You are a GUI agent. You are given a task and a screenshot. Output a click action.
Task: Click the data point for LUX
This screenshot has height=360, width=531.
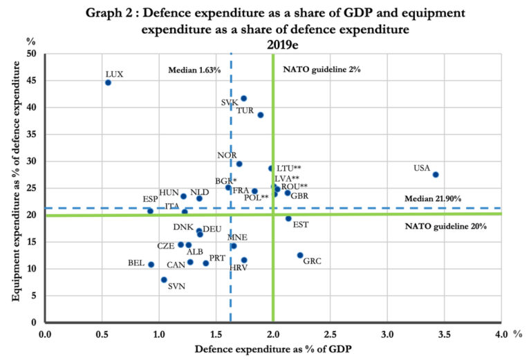pos(108,82)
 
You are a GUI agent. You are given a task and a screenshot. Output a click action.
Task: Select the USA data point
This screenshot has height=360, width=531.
pos(436,175)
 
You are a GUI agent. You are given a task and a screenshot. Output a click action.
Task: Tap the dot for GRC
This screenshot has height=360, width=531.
pos(300,255)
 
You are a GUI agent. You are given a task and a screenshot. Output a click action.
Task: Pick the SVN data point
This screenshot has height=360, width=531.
pos(164,280)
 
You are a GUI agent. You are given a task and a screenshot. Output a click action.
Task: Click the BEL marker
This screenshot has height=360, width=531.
pos(151,265)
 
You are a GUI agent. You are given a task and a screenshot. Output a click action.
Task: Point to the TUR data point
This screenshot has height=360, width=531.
pos(261,115)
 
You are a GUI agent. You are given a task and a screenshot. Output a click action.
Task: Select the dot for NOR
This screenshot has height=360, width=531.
pos(239,164)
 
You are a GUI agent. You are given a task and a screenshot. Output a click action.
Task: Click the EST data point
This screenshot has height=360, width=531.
pos(288,218)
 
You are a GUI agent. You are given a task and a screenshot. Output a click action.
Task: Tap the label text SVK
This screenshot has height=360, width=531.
pos(230,102)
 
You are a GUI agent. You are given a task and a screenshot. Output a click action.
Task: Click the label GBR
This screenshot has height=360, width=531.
pos(299,196)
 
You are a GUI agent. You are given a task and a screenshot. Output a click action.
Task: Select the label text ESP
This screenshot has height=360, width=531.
pos(151,200)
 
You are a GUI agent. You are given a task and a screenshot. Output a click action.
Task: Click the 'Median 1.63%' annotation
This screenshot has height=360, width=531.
pos(194,70)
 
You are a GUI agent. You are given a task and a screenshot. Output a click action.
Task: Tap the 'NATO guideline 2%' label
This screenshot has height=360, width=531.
pos(322,70)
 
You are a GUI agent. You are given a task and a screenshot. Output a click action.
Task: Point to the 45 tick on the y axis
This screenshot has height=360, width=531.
pos(32,81)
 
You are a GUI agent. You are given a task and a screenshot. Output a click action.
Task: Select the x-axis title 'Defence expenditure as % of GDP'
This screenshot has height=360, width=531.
pos(274,350)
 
